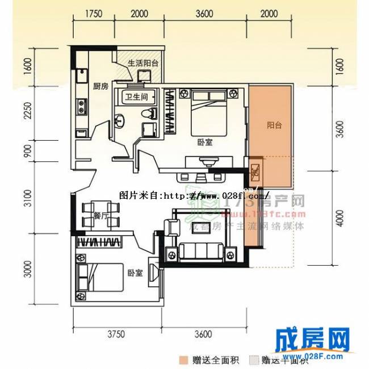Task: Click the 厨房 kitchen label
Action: coord(100,86)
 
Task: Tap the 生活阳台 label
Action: coord(142,63)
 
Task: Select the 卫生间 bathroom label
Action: coord(136,97)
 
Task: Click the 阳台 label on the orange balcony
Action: coord(274,125)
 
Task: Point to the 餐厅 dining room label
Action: coord(101,215)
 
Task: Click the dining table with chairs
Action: coord(100,214)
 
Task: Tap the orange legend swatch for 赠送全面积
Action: coord(183,359)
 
